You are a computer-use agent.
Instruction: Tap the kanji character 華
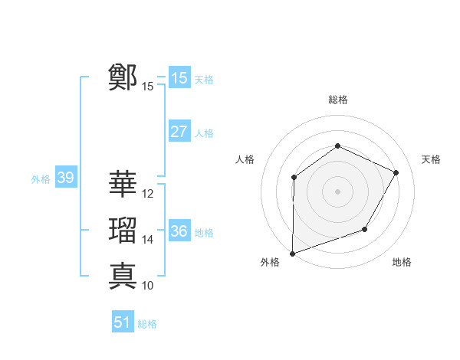[123, 184]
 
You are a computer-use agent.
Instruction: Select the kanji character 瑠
[123, 230]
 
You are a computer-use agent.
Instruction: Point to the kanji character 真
[123, 275]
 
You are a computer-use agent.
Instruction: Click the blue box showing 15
[179, 78]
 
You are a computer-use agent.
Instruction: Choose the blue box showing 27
[179, 132]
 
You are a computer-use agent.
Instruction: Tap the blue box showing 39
[65, 178]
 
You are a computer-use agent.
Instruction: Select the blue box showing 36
[179, 231]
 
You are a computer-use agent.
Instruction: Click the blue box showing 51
[123, 322]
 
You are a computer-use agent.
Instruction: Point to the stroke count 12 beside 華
[148, 194]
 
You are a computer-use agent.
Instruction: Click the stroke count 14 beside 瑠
[148, 240]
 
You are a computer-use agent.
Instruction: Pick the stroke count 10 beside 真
[148, 286]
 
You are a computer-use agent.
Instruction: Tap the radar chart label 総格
[337, 100]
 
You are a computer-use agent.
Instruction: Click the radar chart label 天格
[431, 159]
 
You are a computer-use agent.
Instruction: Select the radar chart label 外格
[269, 262]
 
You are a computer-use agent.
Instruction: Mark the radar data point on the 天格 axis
[396, 172]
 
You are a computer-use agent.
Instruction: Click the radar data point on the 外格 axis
[292, 253]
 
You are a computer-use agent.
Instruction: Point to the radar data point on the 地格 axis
[365, 229]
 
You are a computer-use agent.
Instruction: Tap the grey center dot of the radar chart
[337, 191]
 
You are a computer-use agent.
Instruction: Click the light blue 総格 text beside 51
[147, 323]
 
